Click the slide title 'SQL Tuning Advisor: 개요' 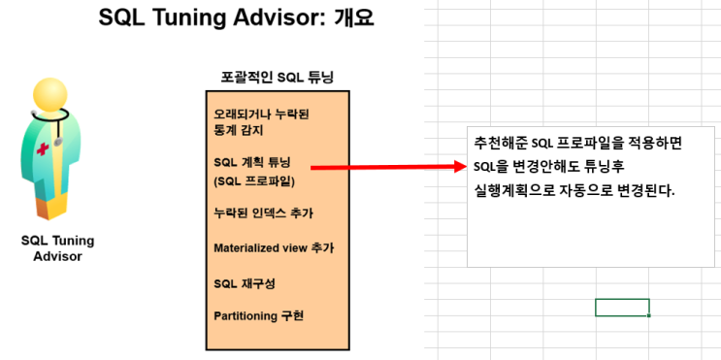pyautogui.click(x=236, y=19)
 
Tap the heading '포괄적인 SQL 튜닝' pyautogui.click(x=277, y=77)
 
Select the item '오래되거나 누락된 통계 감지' pyautogui.click(x=261, y=121)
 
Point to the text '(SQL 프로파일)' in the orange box pyautogui.click(x=254, y=180)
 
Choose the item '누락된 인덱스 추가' pyautogui.click(x=264, y=213)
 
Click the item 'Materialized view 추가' pyautogui.click(x=274, y=247)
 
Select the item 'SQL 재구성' pyautogui.click(x=244, y=282)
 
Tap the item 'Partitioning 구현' pyautogui.click(x=265, y=316)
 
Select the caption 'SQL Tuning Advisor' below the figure pyautogui.click(x=57, y=248)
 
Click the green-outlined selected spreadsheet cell pyautogui.click(x=622, y=308)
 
